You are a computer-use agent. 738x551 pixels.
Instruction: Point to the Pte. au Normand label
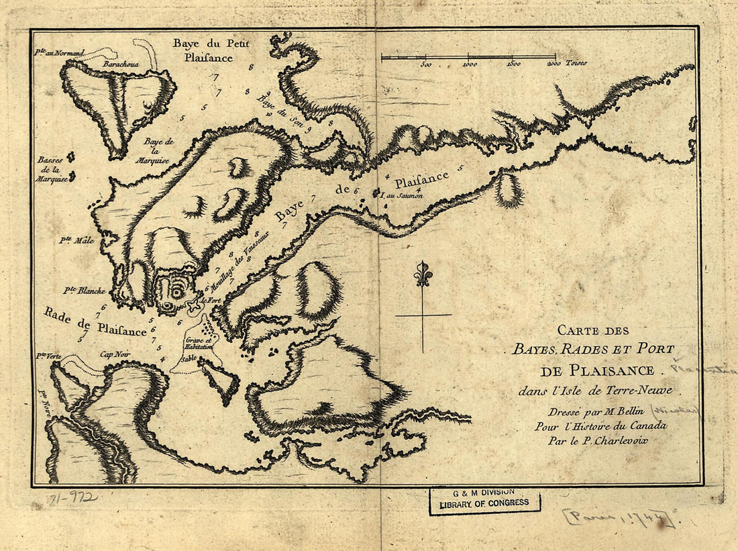(60, 53)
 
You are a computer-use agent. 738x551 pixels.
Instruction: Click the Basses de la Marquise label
(52, 170)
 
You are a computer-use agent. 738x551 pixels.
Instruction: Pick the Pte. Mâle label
(76, 240)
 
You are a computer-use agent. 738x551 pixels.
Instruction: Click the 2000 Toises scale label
(567, 64)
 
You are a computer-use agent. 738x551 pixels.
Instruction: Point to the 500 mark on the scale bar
(425, 64)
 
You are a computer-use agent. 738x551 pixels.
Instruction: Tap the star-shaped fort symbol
(194, 307)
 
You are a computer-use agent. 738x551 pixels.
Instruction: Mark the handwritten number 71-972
(72, 498)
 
